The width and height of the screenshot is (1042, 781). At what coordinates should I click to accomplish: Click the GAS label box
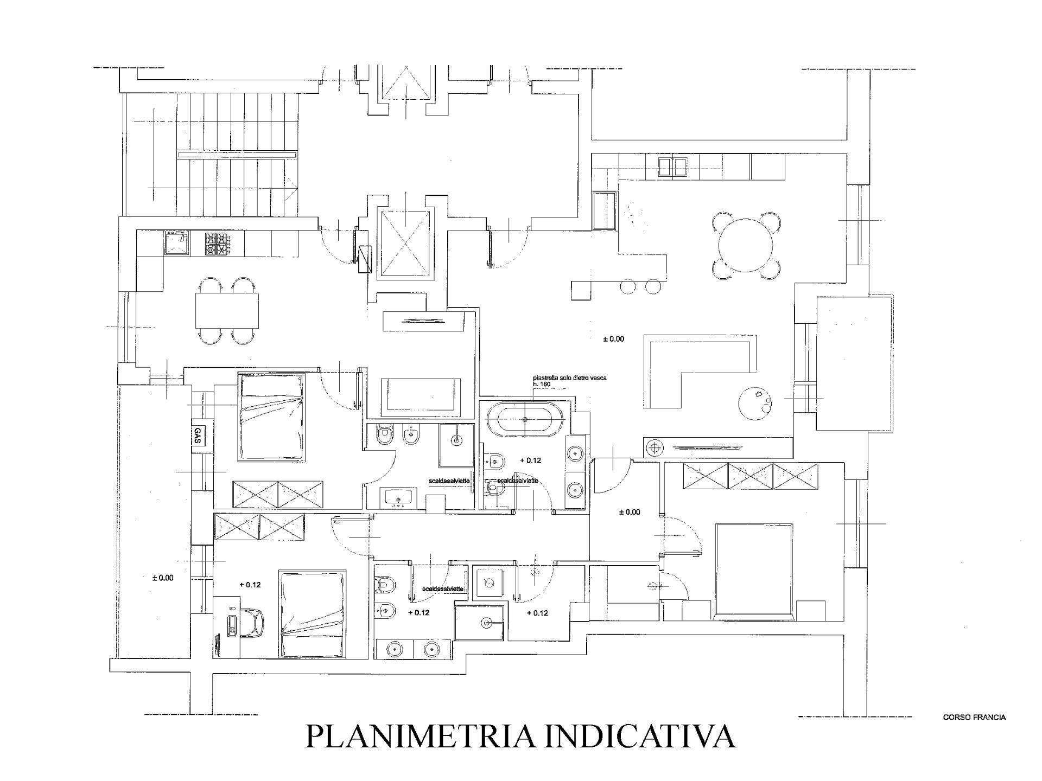point(197,434)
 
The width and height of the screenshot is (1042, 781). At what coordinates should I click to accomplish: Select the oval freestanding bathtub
point(526,419)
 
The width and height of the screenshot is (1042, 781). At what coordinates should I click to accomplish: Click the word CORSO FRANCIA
point(974,717)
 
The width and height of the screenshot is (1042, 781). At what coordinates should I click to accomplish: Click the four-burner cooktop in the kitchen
point(215,244)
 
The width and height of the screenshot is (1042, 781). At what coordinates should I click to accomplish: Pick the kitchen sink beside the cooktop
point(177,243)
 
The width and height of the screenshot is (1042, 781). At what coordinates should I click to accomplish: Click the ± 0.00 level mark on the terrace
point(163,578)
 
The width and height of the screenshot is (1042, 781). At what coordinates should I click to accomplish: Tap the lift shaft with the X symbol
point(405,243)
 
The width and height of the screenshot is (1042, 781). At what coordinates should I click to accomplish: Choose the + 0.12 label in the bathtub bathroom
point(530,460)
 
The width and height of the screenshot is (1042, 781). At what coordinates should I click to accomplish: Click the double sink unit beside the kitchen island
point(674,167)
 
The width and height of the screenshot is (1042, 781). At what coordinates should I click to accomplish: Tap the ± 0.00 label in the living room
point(613,339)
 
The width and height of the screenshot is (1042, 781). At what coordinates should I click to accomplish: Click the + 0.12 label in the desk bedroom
point(250,585)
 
